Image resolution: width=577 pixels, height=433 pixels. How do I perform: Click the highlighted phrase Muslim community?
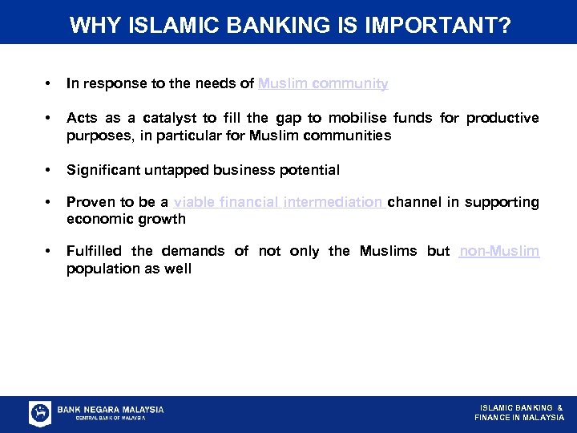[x=323, y=83]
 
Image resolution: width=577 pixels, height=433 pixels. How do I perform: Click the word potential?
[x=309, y=170]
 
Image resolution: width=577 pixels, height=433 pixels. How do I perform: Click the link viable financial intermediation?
[x=277, y=202]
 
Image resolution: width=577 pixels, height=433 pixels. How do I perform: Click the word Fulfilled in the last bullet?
[x=94, y=251]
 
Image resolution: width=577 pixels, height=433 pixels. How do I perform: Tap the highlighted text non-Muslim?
[x=499, y=251]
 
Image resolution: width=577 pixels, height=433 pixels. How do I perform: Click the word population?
[x=100, y=269]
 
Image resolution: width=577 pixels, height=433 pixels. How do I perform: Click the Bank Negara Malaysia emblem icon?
[x=40, y=413]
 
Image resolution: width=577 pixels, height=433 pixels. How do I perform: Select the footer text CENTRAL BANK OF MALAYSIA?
[x=110, y=418]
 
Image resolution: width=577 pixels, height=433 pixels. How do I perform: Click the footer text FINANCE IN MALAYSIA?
[x=519, y=418]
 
